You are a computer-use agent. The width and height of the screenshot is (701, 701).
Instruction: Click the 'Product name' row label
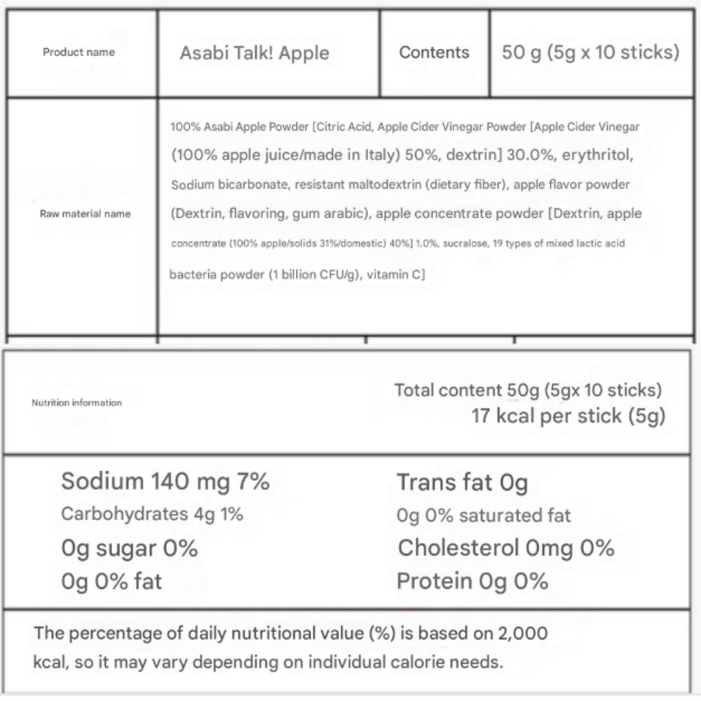[79, 52]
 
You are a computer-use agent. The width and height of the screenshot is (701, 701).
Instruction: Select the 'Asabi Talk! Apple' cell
[254, 53]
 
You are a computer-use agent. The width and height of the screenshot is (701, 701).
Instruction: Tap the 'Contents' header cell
[434, 53]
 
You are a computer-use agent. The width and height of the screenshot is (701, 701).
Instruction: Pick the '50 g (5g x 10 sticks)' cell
[590, 53]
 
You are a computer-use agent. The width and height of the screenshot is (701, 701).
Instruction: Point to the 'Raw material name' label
[85, 214]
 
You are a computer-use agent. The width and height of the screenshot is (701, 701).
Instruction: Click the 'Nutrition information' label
[76, 402]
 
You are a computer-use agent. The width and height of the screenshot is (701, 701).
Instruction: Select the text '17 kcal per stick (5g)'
[568, 416]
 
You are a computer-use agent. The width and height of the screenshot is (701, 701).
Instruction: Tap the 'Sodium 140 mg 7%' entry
[165, 482]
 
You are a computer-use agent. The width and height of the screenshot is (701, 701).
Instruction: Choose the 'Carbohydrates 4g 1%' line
[152, 514]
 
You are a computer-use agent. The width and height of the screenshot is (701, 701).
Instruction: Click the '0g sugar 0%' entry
[129, 548]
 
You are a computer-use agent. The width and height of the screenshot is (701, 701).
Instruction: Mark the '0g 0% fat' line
[111, 581]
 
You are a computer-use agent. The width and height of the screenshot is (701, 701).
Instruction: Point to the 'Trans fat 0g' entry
[462, 482]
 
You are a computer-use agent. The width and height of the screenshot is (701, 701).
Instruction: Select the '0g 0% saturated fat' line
[483, 516]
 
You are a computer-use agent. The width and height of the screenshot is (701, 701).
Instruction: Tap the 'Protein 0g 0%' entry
[472, 581]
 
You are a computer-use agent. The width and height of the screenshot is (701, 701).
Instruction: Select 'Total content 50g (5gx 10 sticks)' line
[528, 390]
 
